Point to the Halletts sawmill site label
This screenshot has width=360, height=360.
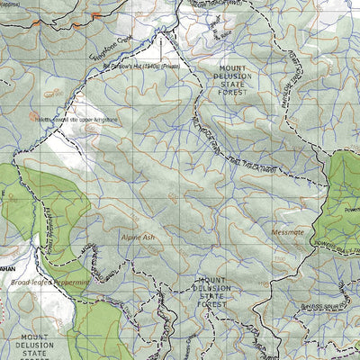point(76,118)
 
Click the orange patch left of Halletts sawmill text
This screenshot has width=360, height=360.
point(34,115)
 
